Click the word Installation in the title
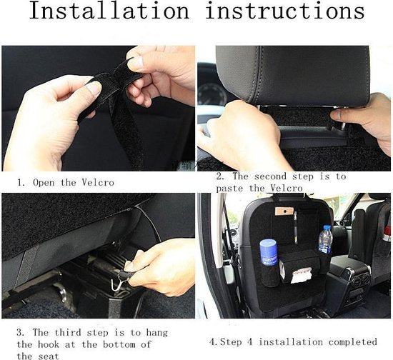[109, 11]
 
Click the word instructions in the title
[285, 11]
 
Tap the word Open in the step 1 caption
[44, 183]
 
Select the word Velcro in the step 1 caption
[98, 182]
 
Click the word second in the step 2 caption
[270, 176]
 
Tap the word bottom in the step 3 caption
[119, 344]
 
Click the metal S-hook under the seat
[116, 283]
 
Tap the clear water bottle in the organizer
[325, 239]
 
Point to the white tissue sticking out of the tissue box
[302, 275]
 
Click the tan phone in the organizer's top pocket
[284, 211]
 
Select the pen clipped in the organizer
[296, 227]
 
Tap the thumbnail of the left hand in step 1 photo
[94, 88]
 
